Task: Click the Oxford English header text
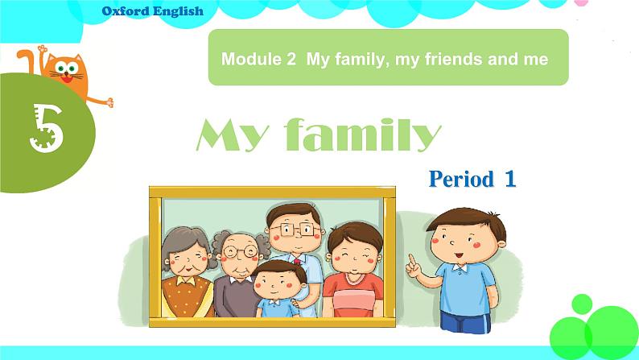(x=153, y=11)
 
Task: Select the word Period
(x=461, y=179)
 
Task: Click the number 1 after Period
(x=509, y=179)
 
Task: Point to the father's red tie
(x=297, y=262)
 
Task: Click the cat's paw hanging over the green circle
(x=104, y=101)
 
